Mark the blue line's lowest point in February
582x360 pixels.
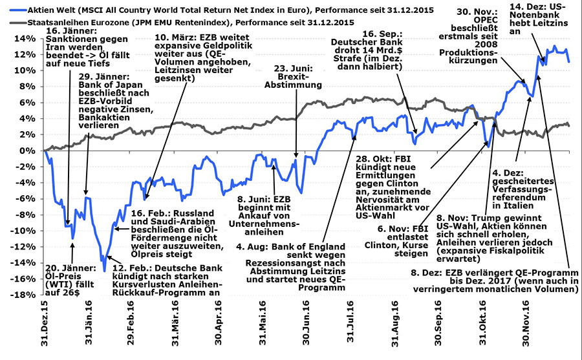103,271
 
